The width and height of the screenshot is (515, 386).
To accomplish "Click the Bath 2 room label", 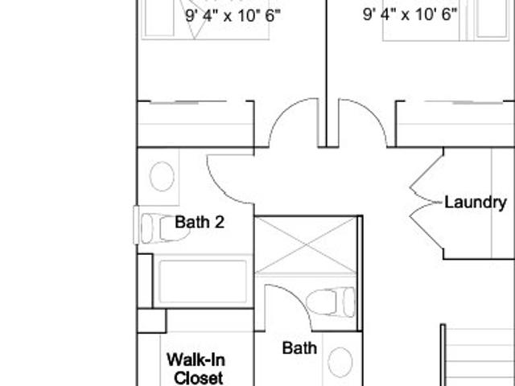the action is [200, 222].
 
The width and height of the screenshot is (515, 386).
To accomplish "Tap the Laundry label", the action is [476, 202].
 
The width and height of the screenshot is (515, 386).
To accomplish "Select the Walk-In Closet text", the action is [196, 368].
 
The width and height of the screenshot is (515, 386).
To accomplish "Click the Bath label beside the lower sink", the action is [299, 348].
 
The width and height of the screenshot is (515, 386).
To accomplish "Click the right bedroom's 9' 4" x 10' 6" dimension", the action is [410, 14].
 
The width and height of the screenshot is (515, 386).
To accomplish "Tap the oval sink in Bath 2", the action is [162, 176].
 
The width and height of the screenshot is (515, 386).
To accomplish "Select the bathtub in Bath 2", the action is [203, 281].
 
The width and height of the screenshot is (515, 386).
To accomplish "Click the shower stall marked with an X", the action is [306, 244].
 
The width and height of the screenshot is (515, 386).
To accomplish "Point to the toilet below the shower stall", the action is [331, 302].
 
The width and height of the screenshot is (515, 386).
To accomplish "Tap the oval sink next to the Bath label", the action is [340, 362].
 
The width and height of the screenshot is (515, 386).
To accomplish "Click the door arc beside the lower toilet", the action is [297, 297].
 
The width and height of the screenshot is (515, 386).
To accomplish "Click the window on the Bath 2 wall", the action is [136, 225].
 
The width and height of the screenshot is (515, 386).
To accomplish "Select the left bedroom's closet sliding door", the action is [187, 102].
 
